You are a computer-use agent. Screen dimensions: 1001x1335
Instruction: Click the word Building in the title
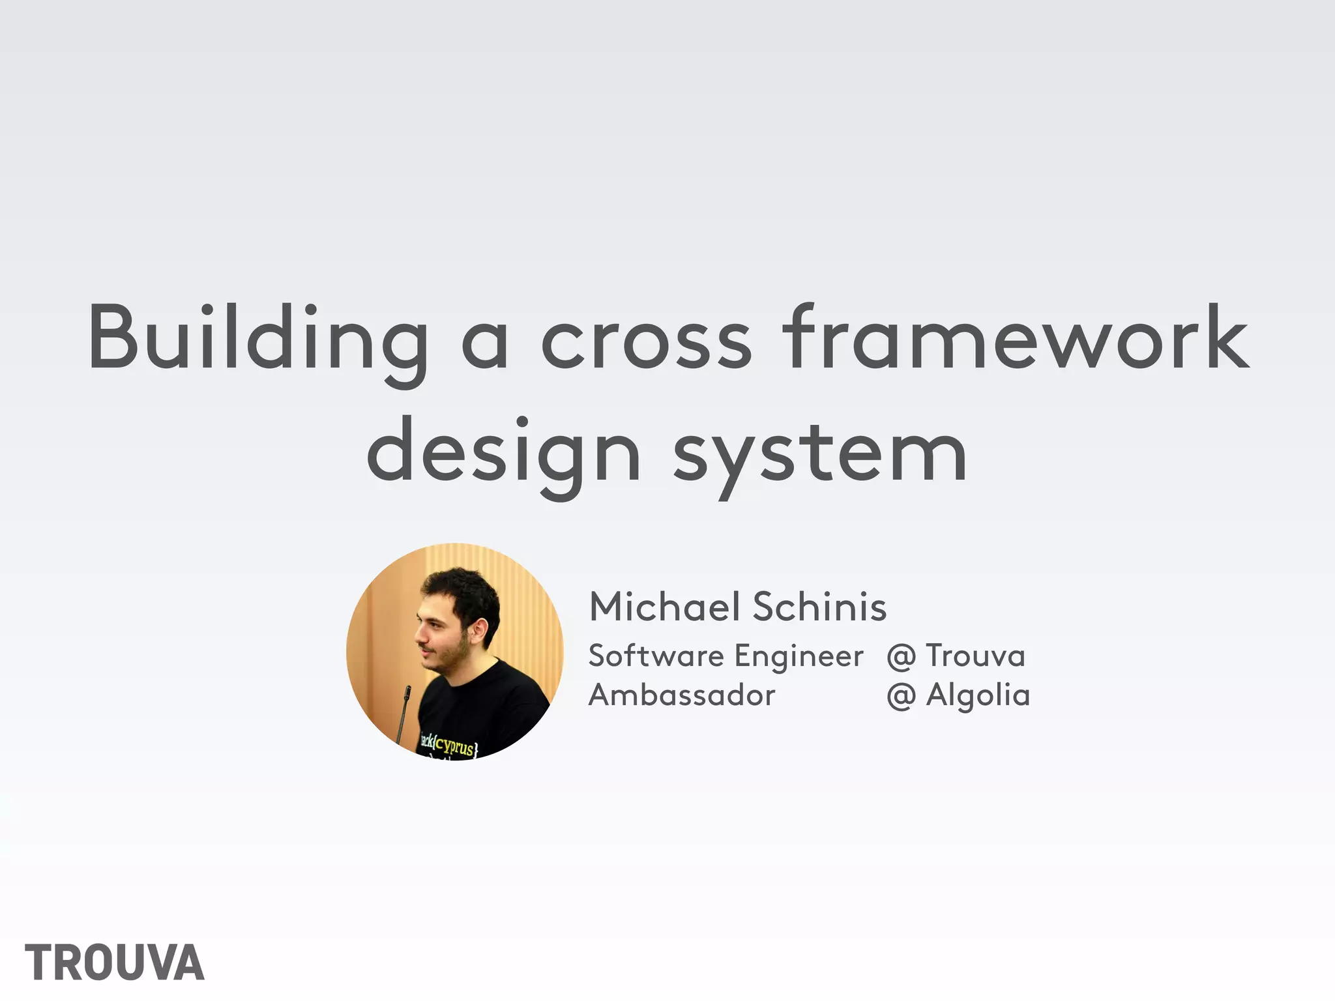point(258,339)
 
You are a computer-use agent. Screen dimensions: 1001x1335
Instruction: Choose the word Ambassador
point(682,695)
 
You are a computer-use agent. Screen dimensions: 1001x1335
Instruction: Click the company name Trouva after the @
point(975,656)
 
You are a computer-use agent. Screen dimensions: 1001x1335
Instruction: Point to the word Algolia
point(978,695)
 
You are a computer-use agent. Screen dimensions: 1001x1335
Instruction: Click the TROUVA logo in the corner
point(115,963)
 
